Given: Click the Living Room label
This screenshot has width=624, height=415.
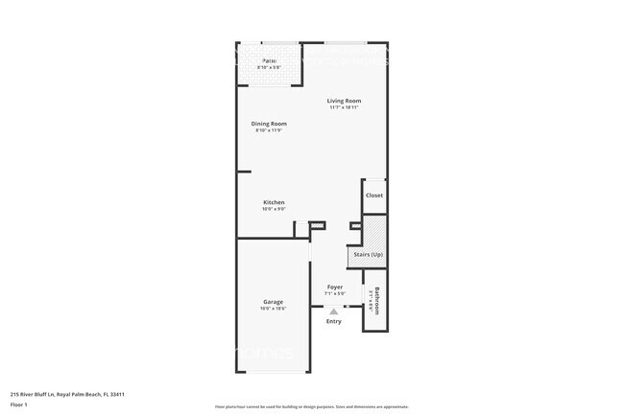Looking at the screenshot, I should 344,101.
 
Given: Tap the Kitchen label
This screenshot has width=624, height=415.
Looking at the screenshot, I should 274,202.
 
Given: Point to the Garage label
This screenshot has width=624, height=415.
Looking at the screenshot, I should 273,302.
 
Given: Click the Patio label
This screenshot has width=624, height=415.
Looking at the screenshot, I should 269,60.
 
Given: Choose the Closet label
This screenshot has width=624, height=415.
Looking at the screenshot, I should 374,196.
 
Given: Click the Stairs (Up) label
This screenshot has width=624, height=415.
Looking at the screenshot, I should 369,255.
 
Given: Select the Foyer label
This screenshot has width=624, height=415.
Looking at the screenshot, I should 334,287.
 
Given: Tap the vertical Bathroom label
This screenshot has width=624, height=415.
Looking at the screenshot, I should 378,301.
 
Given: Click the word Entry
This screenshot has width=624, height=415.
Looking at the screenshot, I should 333,321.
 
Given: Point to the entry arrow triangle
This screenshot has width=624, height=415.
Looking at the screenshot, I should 333,311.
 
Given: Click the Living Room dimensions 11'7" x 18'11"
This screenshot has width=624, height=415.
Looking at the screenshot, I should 344,108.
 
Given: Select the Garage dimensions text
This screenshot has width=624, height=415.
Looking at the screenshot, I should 273,310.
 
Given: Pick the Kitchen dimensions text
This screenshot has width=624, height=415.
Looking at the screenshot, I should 274,209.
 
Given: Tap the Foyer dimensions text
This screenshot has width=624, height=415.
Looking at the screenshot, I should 334,293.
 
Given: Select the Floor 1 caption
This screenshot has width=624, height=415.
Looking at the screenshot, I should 20,404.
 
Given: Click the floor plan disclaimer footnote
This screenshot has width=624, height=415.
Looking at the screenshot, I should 311,407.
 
